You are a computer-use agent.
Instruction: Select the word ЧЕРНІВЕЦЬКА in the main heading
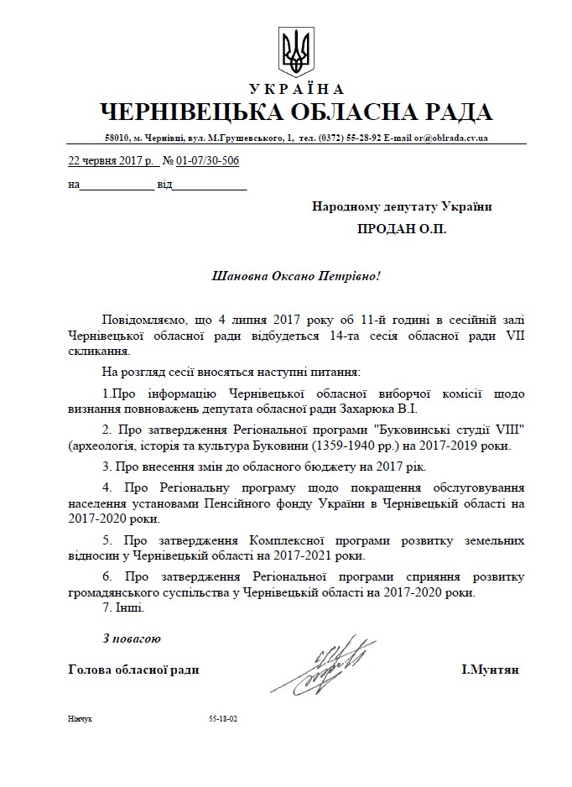click(x=191, y=112)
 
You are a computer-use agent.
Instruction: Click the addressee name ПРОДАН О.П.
click(x=401, y=228)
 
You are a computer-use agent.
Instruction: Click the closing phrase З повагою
click(x=131, y=638)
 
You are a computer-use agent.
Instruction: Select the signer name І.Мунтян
click(x=490, y=670)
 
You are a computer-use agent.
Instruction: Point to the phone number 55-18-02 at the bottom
click(x=223, y=720)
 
